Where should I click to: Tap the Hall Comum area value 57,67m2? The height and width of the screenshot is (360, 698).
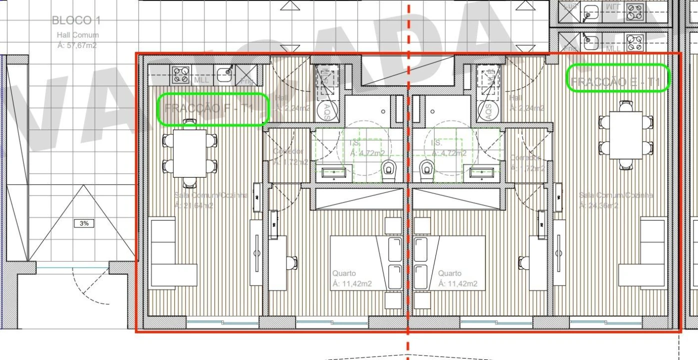77,45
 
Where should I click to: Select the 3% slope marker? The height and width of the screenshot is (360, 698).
84,223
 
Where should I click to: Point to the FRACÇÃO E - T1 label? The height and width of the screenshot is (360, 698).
618,81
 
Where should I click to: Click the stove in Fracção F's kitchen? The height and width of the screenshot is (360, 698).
180,75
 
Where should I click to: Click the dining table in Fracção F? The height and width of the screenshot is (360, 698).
189,153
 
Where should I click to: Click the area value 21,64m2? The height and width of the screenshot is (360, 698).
194,205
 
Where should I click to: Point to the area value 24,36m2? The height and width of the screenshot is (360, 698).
598,205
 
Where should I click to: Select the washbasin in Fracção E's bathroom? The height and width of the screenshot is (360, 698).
482,173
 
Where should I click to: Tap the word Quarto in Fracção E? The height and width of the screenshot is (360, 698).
449,273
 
